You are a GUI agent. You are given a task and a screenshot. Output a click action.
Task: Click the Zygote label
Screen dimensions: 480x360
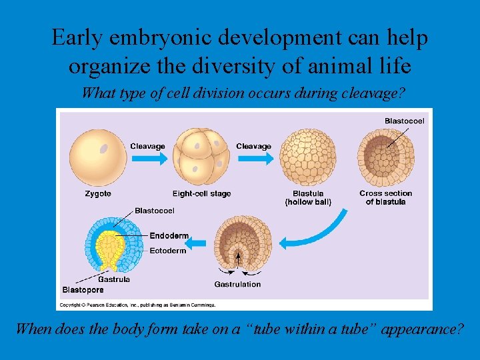pos(98,194)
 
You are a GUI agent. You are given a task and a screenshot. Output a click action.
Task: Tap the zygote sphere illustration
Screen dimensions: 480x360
pos(98,157)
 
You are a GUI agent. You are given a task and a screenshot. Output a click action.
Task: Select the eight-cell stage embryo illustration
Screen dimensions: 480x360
pos(201,157)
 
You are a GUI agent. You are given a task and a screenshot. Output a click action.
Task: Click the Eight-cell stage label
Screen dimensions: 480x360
pos(201,194)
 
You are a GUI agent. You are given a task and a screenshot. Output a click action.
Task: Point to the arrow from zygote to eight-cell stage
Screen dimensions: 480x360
pos(150,158)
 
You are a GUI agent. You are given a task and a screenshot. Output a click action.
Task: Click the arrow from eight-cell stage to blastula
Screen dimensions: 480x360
pos(256,158)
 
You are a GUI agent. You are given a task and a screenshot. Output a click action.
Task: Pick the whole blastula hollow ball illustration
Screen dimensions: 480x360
pos(308,157)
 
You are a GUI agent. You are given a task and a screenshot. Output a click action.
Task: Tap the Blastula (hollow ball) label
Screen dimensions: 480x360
pos(308,198)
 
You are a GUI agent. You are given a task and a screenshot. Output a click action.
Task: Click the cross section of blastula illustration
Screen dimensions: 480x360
pos(386,157)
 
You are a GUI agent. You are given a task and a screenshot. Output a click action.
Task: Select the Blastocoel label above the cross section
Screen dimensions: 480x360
pos(405,121)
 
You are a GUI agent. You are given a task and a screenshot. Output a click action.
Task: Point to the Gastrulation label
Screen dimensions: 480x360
pos(237,285)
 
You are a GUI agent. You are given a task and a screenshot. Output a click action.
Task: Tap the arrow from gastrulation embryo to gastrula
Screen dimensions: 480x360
pos(195,244)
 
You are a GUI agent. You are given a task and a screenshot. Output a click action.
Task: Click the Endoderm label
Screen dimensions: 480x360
pos(169,236)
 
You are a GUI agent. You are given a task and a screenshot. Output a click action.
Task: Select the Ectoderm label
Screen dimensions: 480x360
pos(168,251)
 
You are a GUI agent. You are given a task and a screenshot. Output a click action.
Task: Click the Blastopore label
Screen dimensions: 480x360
pos(83,290)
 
